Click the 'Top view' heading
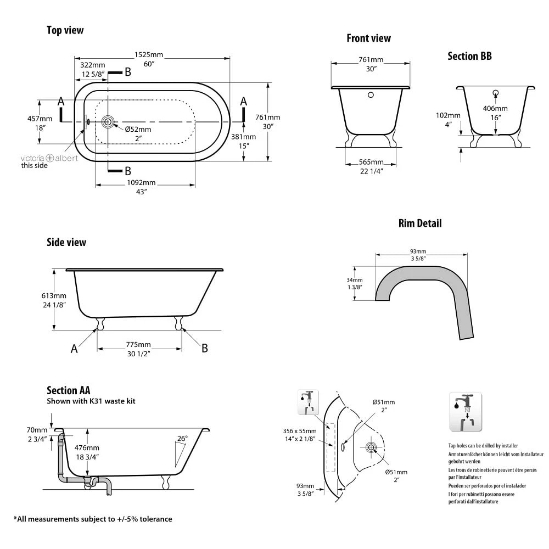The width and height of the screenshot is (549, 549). pyautogui.click(x=65, y=30)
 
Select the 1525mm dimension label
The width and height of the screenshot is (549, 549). pyautogui.click(x=149, y=55)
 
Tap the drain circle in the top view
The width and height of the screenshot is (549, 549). pyautogui.click(x=108, y=121)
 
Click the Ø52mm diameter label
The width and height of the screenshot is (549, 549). pyautogui.click(x=137, y=129)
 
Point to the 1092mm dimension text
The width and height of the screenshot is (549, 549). pyautogui.click(x=141, y=182)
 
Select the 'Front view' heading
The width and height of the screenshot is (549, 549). pyautogui.click(x=368, y=38)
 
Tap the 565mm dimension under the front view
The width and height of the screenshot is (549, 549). pyautogui.click(x=371, y=162)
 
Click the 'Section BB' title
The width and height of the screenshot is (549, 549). pyautogui.click(x=469, y=56)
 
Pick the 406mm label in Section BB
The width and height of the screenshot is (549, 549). pyautogui.click(x=495, y=108)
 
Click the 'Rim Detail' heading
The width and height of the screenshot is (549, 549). pyautogui.click(x=419, y=223)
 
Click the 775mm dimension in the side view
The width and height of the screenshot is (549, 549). pyautogui.click(x=138, y=345)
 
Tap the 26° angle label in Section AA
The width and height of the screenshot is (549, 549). pyautogui.click(x=182, y=438)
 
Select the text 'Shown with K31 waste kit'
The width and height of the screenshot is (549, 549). pyautogui.click(x=91, y=401)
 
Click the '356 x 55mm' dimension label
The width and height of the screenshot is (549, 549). pyautogui.click(x=299, y=430)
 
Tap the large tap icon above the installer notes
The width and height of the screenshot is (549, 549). pyautogui.click(x=465, y=411)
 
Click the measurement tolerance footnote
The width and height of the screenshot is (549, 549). pyautogui.click(x=93, y=519)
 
